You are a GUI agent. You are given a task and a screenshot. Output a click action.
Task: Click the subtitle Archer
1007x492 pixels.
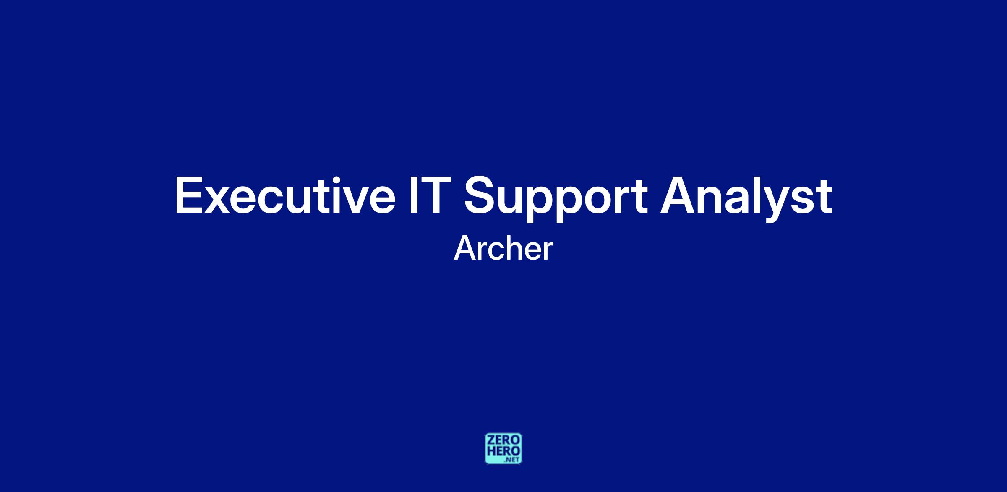click(x=503, y=249)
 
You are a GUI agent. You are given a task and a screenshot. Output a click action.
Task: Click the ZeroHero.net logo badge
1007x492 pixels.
click(x=503, y=448)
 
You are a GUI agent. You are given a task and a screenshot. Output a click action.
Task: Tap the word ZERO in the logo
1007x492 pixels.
click(x=503, y=440)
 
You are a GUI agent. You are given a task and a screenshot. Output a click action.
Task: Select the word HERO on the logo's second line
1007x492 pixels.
click(x=503, y=450)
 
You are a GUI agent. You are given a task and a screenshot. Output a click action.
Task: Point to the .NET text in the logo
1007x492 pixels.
click(x=512, y=460)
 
